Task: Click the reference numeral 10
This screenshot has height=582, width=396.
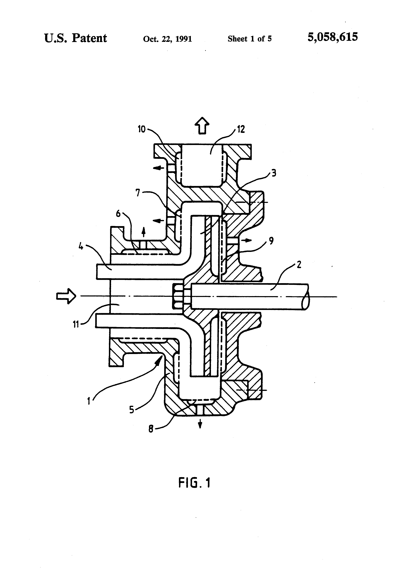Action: pyautogui.click(x=142, y=129)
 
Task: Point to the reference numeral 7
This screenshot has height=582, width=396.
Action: pyautogui.click(x=138, y=193)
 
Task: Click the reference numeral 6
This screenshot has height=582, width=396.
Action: pyautogui.click(x=118, y=214)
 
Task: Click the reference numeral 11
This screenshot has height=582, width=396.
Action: pyautogui.click(x=76, y=325)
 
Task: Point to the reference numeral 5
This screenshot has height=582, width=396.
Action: pyautogui.click(x=132, y=410)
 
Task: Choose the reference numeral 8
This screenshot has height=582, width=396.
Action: pyautogui.click(x=151, y=429)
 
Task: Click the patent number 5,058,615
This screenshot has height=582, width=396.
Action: pyautogui.click(x=333, y=37)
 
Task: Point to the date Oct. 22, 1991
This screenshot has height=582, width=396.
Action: pyautogui.click(x=167, y=39)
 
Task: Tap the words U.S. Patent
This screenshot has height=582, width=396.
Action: pyautogui.click(x=76, y=38)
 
